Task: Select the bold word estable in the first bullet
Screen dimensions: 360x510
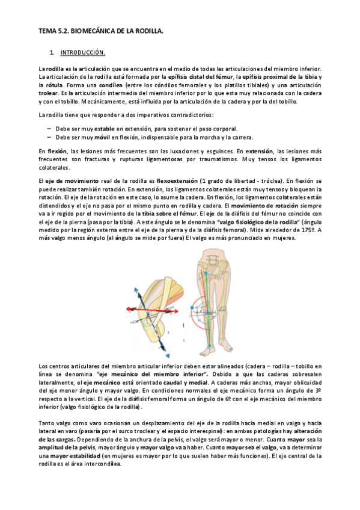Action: click(x=105, y=129)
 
